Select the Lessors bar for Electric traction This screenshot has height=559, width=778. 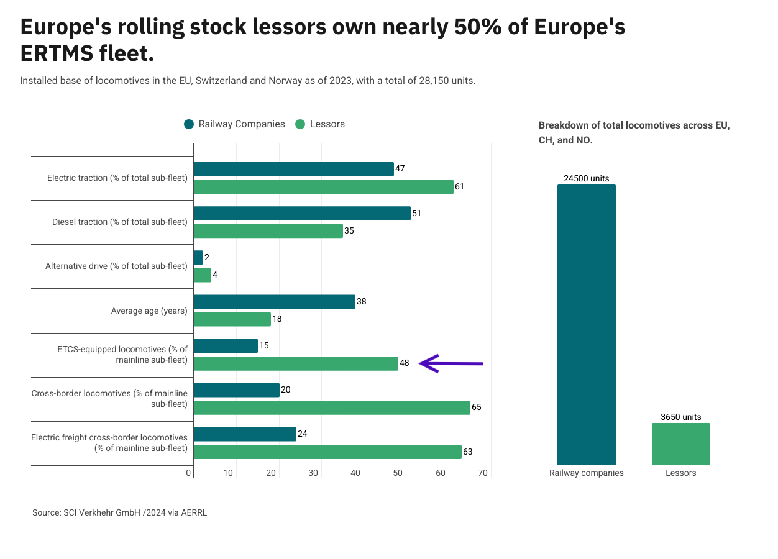(x=323, y=187)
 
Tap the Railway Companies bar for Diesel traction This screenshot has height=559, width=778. (x=302, y=213)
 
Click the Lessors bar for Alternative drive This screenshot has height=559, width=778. (x=203, y=275)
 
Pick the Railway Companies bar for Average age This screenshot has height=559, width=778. (x=274, y=302)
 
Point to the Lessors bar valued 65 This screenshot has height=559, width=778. (x=332, y=407)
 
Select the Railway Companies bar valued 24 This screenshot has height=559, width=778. (x=245, y=434)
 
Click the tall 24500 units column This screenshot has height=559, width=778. (x=586, y=324)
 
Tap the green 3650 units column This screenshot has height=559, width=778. (x=680, y=443)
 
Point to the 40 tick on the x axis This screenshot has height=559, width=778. (x=355, y=473)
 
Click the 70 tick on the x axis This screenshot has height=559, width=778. (x=483, y=473)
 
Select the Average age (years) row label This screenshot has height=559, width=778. (x=149, y=311)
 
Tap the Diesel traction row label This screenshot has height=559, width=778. (x=119, y=222)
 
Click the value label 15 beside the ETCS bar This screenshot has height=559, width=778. (x=264, y=345)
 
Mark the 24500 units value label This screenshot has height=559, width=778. (x=586, y=178)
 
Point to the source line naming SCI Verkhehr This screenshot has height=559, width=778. (x=119, y=513)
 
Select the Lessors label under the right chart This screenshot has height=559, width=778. (x=680, y=473)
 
